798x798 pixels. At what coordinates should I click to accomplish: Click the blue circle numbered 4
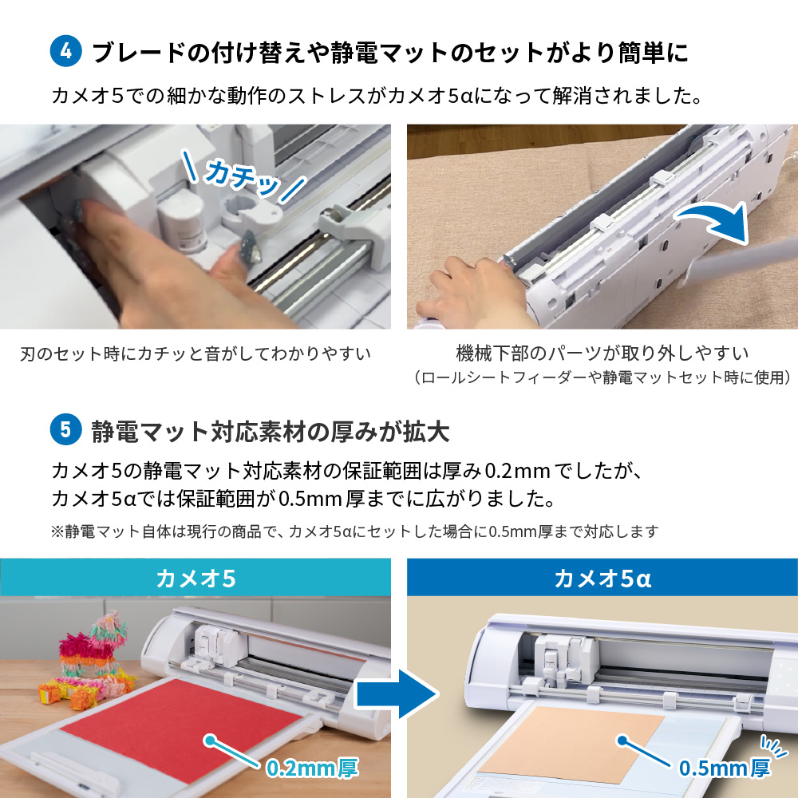point(66,51)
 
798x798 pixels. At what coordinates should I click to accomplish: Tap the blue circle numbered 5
point(66,431)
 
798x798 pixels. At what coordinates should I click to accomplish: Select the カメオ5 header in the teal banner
point(196,578)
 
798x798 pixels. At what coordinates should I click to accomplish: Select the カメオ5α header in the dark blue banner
point(602,578)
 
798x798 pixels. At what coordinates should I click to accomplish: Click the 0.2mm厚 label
point(312,768)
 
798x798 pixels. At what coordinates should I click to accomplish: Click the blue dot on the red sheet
point(210,741)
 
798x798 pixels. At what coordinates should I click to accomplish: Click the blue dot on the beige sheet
point(622,741)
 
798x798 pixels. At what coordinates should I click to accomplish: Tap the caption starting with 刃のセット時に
point(196,353)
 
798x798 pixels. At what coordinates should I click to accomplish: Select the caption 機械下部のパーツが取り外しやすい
point(602,352)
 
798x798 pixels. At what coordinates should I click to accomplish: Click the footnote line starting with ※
point(355,531)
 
